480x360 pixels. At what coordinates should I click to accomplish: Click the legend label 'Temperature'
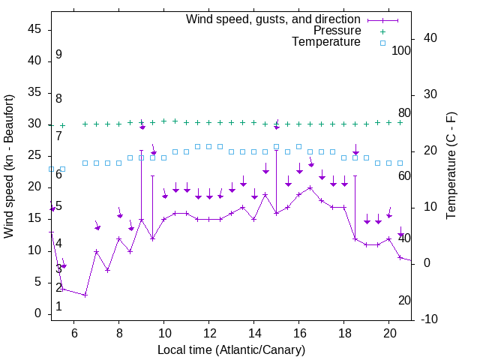[x=326, y=43]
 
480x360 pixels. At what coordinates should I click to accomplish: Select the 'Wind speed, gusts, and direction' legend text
[x=274, y=19]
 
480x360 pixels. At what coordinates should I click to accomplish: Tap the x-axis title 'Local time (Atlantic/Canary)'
[x=232, y=350]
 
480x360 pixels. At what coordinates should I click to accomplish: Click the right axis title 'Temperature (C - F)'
[x=451, y=166]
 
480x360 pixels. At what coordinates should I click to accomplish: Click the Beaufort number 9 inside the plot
[x=58, y=55]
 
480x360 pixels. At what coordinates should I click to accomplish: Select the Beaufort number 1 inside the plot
[x=58, y=307]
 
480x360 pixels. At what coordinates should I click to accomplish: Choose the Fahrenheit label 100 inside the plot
[x=401, y=51]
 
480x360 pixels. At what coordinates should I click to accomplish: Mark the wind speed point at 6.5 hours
[x=85, y=295]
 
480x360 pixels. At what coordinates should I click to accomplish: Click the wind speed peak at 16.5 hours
[x=310, y=187]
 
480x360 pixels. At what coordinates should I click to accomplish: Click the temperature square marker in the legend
[x=382, y=43]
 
